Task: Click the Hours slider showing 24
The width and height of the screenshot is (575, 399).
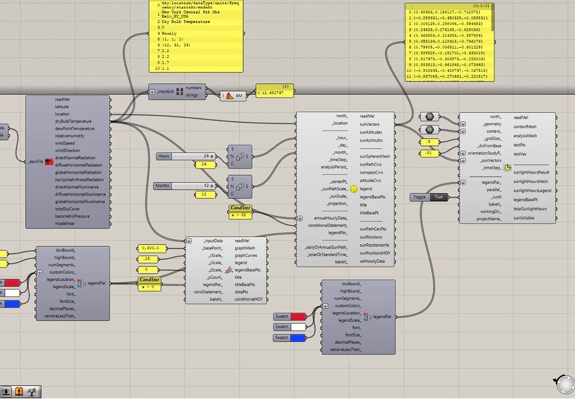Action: [185, 156]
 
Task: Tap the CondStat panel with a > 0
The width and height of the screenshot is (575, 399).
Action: [150, 283]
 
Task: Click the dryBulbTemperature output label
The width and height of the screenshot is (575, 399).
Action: [73, 121]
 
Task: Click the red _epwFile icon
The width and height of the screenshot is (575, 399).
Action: [49, 162]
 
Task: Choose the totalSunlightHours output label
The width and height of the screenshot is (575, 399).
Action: [530, 209]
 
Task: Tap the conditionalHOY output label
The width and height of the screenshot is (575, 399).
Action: [248, 300]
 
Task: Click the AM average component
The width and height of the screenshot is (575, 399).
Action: [233, 97]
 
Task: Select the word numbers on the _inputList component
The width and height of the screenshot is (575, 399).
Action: [193, 88]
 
